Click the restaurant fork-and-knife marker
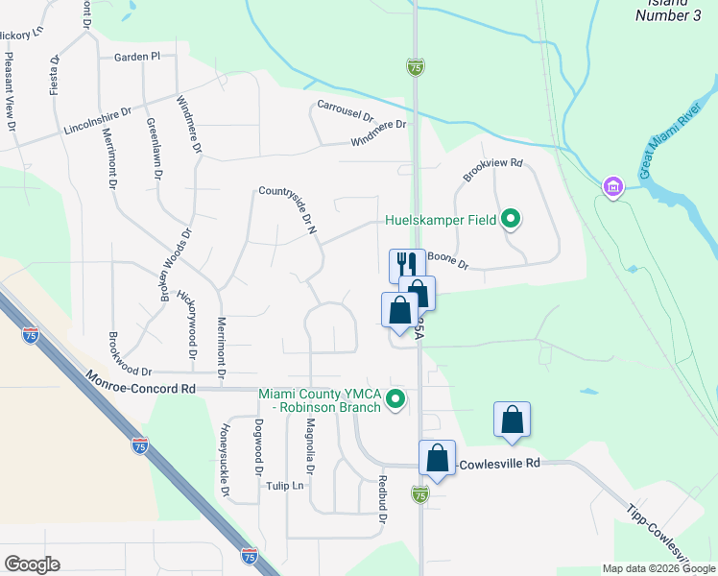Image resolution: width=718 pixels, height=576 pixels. pos(407,264)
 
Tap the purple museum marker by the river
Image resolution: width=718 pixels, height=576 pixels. pos(612,186)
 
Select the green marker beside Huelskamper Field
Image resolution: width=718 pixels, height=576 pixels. pos(512,220)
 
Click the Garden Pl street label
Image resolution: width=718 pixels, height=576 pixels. pos(137,58)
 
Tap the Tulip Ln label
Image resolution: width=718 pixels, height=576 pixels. pos(284,486)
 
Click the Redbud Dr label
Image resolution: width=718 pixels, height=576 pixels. pos(382,499)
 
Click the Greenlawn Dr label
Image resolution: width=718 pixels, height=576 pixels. pos(154,150)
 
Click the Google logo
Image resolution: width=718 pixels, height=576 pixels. pos(31,564)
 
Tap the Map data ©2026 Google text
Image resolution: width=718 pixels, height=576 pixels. pos(658,568)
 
